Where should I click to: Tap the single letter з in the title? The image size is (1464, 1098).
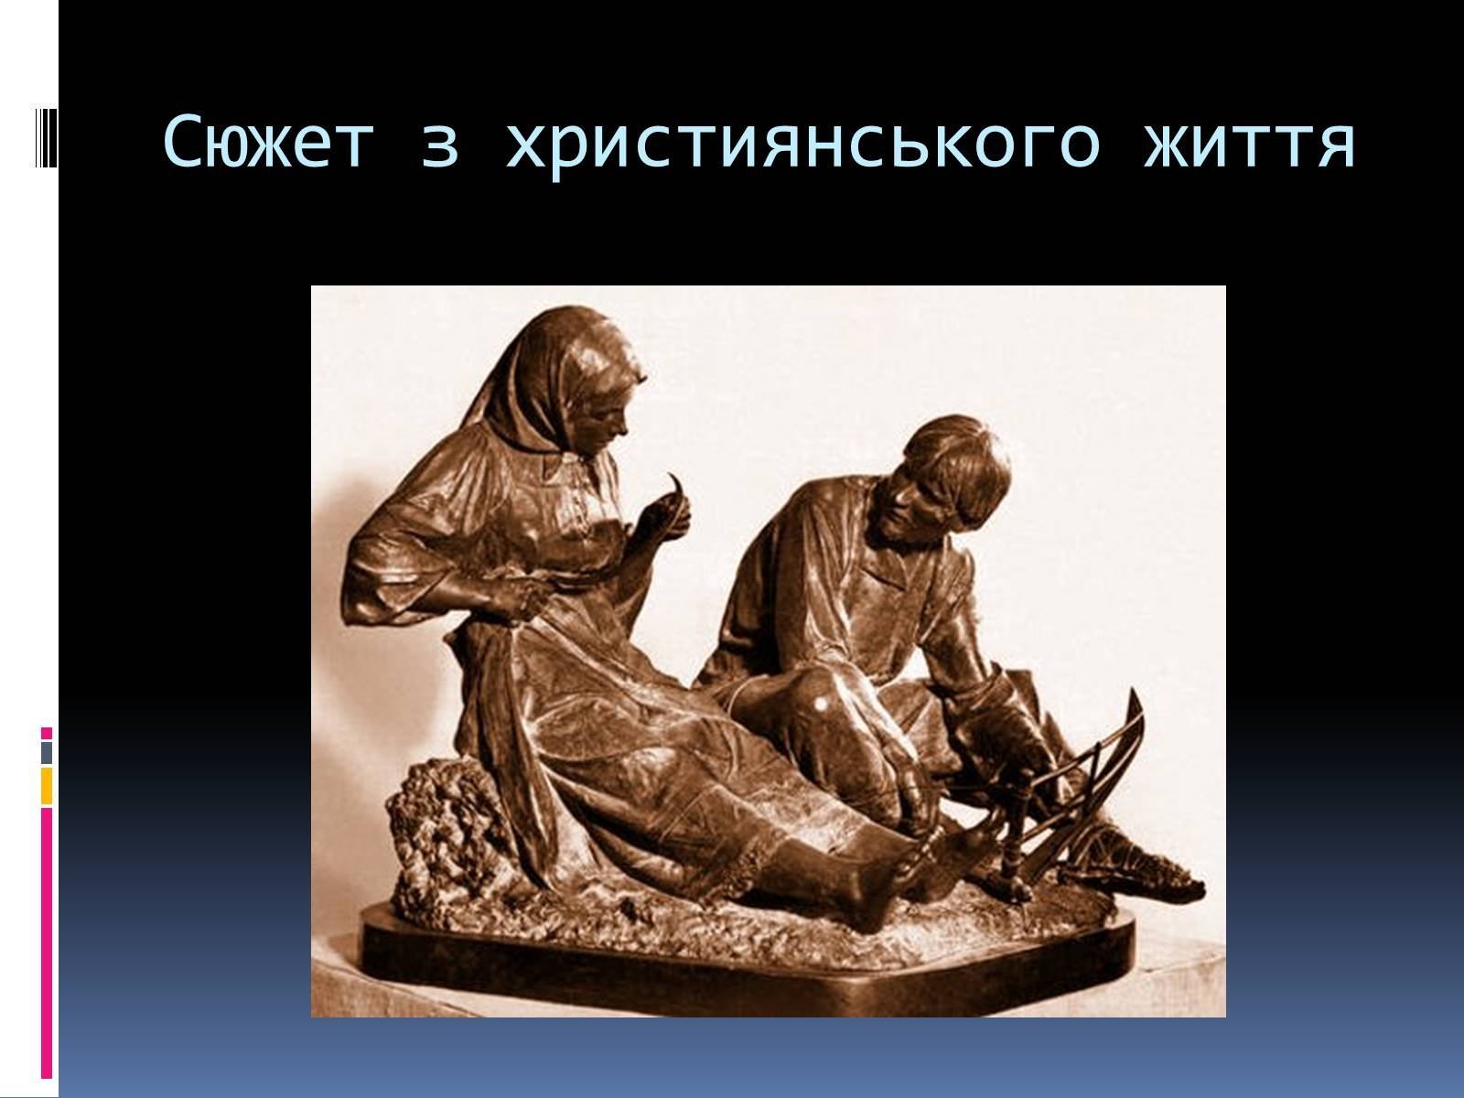click(x=439, y=148)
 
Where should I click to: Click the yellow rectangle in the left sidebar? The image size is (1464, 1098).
click(x=46, y=786)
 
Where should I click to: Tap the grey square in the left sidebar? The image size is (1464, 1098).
click(x=46, y=753)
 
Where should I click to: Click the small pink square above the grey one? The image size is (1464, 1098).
click(x=46, y=733)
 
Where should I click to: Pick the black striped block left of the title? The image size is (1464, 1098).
click(x=46, y=138)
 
